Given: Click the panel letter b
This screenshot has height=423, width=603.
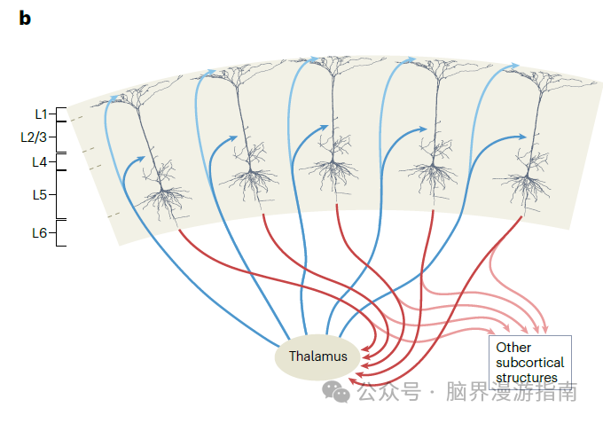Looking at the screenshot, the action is [x=25, y=18].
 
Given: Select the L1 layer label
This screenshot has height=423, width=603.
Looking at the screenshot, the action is [x=41, y=114].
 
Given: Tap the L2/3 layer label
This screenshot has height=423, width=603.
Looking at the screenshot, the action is [x=34, y=137].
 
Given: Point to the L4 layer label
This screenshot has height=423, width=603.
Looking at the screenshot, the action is [x=39, y=162].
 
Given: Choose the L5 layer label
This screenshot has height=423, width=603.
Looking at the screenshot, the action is [x=39, y=194].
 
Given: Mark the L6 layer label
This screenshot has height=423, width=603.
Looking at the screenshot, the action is [x=39, y=233].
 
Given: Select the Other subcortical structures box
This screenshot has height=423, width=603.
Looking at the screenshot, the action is [x=529, y=362].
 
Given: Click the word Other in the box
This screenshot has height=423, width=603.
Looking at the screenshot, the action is [x=513, y=348].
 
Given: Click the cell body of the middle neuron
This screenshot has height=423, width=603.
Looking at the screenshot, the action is [x=335, y=160].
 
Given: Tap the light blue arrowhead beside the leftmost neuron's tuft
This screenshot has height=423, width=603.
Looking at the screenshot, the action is [x=115, y=98].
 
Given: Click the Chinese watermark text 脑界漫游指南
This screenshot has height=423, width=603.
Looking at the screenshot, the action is [x=512, y=391].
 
